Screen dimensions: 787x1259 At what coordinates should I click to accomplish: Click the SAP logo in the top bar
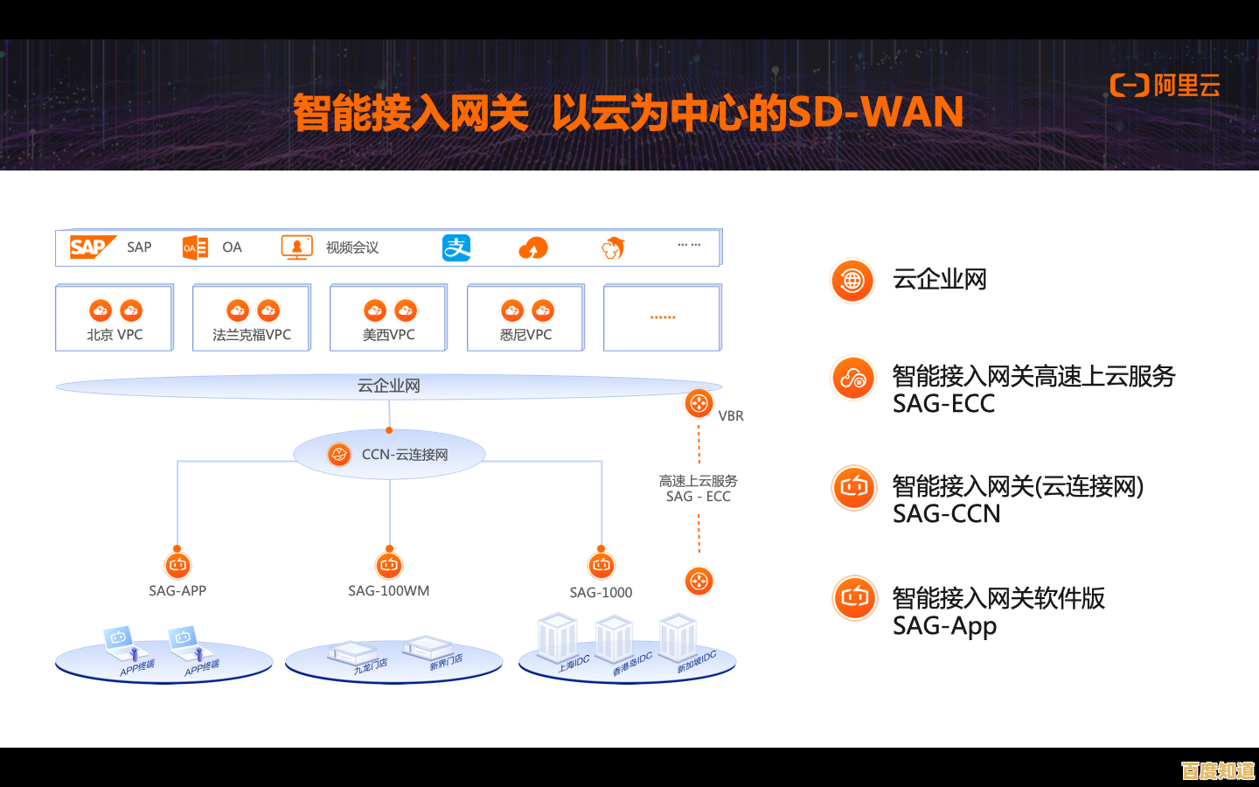tap(91, 247)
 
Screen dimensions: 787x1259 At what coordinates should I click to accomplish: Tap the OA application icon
tap(195, 247)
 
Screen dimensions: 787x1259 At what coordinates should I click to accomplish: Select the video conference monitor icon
tap(296, 247)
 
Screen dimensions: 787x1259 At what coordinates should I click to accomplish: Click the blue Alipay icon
tap(456, 248)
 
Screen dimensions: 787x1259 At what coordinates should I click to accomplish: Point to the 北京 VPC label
tap(115, 335)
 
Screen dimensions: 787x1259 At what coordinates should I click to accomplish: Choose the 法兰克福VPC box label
tap(252, 335)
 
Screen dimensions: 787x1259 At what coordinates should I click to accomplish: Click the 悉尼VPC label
tap(525, 335)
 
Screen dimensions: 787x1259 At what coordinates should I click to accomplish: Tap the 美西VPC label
tap(388, 335)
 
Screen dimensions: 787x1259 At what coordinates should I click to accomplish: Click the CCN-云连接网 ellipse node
tap(389, 455)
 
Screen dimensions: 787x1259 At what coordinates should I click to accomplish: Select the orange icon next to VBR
tap(699, 403)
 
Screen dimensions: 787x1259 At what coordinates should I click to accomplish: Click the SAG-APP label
tap(177, 591)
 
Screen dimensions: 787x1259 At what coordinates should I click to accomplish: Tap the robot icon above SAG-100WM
tap(389, 565)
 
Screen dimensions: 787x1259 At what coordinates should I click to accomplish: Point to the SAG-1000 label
tap(601, 593)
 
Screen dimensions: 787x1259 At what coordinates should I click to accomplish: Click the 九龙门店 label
tap(370, 666)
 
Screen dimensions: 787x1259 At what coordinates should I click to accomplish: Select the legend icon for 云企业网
tap(852, 281)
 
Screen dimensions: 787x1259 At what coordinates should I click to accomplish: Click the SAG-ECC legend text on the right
tap(944, 404)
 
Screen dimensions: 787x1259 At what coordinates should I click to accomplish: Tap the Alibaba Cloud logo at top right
tap(1165, 86)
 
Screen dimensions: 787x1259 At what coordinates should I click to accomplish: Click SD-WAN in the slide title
tap(875, 113)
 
